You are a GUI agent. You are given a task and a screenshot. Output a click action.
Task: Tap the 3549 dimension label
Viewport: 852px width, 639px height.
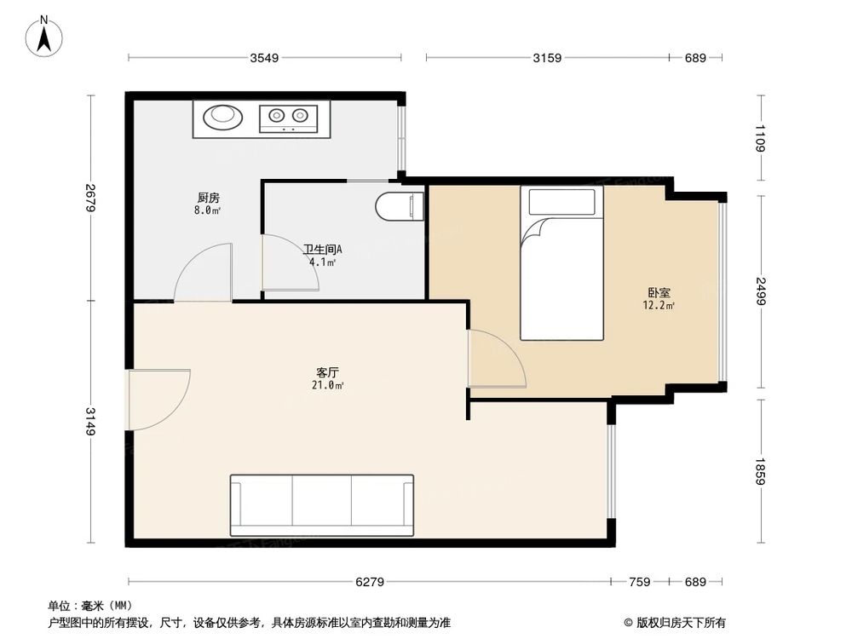[x=265, y=58]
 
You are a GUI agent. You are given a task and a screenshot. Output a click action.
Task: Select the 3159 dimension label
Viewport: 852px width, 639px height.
[x=547, y=58]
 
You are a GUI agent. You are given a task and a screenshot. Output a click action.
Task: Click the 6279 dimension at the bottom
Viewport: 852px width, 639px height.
[x=370, y=582]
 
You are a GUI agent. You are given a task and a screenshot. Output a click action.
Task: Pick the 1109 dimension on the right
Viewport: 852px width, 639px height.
[x=760, y=139]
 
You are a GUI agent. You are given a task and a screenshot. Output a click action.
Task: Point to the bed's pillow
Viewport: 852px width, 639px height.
[x=561, y=202]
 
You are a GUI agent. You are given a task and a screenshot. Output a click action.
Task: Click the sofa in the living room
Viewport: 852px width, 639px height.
[x=321, y=504]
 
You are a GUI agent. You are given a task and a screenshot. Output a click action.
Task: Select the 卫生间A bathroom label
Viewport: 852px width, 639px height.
[x=322, y=250]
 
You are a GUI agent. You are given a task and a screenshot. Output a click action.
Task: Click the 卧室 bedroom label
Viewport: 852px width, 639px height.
[x=659, y=292]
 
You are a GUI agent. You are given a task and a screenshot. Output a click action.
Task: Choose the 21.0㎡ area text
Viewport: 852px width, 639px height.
[x=328, y=385]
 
